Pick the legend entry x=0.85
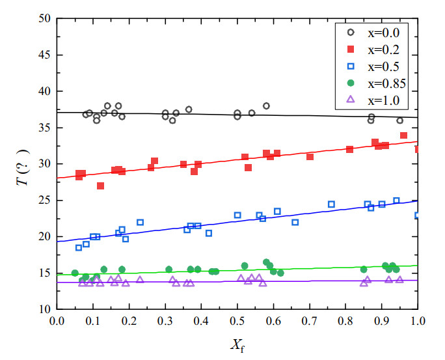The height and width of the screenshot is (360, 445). coord(373,83)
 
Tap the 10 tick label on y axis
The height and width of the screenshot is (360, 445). coord(44,309)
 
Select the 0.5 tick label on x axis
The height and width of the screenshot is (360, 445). coord(237,321)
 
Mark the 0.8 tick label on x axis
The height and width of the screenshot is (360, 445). coord(345,321)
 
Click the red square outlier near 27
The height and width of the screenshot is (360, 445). coord(100,186)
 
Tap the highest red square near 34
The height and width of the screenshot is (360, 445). coord(403,135)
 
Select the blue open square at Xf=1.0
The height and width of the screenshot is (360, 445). coord(417,215)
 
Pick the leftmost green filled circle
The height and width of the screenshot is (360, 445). coord(75,273)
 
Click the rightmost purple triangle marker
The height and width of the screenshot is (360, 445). coord(399,279)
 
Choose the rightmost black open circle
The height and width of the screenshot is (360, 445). coord(399,120)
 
